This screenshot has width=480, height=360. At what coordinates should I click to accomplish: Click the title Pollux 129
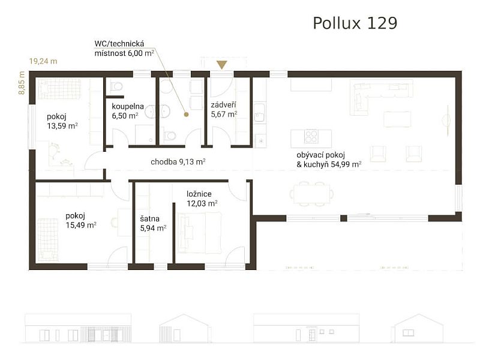pos(355,23)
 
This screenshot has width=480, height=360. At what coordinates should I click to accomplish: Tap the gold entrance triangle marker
pos(222,65)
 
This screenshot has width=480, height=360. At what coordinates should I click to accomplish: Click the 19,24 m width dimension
pos(43,61)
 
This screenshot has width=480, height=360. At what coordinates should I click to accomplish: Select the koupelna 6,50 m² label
pos(125,111)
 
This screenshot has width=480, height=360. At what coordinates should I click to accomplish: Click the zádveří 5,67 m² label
pos(224,109)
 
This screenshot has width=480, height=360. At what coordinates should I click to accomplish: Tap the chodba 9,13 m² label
pos(178,161)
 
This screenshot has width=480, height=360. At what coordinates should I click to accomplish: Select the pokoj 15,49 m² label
pos(81,220)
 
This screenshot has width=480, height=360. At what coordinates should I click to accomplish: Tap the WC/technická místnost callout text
pos(124,48)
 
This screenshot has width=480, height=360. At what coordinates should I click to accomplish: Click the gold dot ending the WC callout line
pos(187,113)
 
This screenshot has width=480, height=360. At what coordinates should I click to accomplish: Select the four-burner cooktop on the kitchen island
pos(311,137)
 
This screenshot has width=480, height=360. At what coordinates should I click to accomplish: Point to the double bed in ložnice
pos(200,233)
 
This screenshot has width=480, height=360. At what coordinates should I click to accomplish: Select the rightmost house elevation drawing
pos(418,328)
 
